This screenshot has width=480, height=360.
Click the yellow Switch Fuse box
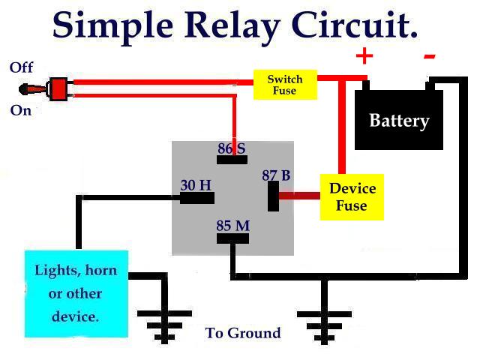pyautogui.click(x=285, y=85)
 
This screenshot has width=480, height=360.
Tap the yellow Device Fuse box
pyautogui.click(x=352, y=196)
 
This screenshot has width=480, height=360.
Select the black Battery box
pyautogui.click(x=399, y=120)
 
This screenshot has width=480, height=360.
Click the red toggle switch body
pyautogui.click(x=57, y=88)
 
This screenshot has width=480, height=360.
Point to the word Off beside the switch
pyautogui.click(x=21, y=67)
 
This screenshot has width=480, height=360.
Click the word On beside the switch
pyautogui.click(x=21, y=110)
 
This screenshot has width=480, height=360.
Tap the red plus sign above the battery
pyautogui.click(x=364, y=55)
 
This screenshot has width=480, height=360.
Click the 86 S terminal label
pyautogui.click(x=232, y=148)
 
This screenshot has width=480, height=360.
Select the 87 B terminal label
pyautogui.click(x=276, y=175)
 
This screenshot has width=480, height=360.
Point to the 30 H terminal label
pyautogui.click(x=196, y=184)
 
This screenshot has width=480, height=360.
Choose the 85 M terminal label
pyautogui.click(x=232, y=225)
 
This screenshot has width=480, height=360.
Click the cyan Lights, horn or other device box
pyautogui.click(x=76, y=293)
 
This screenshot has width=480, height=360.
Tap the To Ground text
pyautogui.click(x=243, y=333)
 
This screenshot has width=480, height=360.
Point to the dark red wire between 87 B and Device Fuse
pyautogui.click(x=299, y=196)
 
